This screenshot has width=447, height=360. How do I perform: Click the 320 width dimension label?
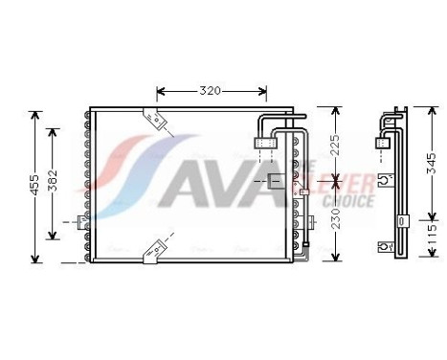211,91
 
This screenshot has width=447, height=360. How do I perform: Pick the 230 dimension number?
333,222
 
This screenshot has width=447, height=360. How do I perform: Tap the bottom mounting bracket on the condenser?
151,252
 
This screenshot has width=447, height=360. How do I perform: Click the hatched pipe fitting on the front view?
267,144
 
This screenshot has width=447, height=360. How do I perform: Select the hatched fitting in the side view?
383,143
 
